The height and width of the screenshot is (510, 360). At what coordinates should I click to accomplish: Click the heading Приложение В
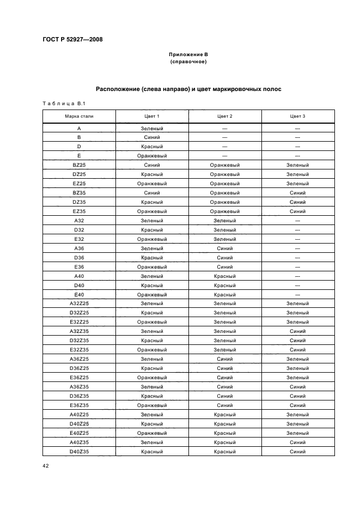188,55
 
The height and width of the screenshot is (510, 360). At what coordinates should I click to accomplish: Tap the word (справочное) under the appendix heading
188,62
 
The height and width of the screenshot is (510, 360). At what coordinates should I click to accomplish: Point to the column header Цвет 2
224,116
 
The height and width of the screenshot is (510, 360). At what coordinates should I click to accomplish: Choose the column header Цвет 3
297,116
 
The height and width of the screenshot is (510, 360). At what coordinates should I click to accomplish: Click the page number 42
46,465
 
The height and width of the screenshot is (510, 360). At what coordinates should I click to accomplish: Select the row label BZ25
78,165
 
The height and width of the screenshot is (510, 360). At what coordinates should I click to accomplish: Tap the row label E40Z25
78,433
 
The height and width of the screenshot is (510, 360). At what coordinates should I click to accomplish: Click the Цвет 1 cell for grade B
151,137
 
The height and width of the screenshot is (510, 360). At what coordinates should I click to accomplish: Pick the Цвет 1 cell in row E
151,155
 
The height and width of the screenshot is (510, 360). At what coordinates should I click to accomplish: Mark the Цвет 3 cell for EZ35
297,211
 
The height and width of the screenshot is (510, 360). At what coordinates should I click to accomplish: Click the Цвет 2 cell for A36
224,248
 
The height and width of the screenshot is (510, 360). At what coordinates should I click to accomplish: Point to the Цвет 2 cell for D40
224,285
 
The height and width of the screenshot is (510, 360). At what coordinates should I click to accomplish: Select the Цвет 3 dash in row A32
297,220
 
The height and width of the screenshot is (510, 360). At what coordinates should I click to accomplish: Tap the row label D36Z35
78,396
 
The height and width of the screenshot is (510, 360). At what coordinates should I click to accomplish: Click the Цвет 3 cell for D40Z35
297,452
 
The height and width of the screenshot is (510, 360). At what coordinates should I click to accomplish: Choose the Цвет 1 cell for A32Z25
151,303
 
